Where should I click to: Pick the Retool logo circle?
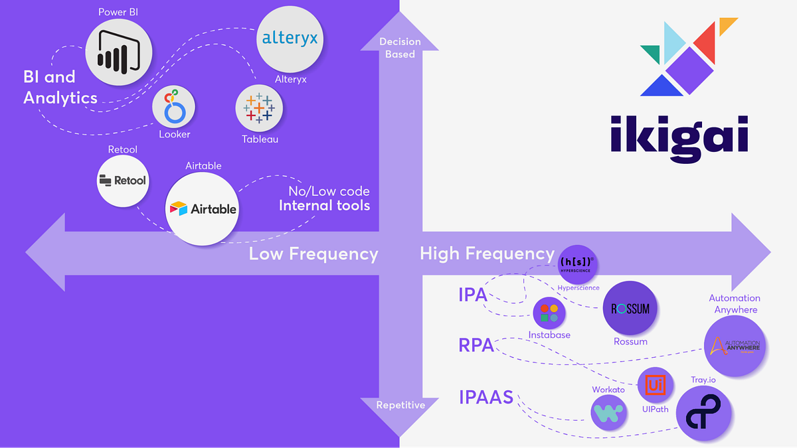pos(122,181)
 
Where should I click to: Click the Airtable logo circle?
pos(203,208)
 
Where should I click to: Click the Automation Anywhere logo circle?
pos(736,346)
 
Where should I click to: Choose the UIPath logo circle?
pos(655,385)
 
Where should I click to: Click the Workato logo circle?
pos(609,413)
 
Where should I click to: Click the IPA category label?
pos(473,295)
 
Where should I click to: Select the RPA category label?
pos(476,345)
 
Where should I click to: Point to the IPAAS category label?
pos(486,398)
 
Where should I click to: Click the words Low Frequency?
pos(313,254)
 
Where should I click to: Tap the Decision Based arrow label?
pos(400,48)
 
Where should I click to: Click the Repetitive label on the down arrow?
pos(400,405)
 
